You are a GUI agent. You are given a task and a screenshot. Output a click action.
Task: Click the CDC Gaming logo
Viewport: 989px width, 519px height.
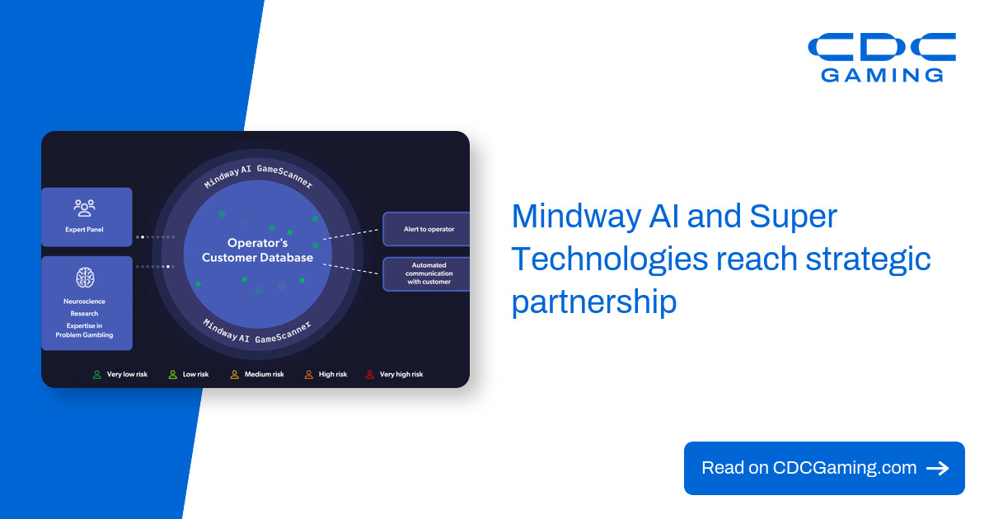click(882, 57)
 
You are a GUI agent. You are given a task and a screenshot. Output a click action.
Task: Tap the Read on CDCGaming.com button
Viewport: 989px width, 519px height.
click(824, 468)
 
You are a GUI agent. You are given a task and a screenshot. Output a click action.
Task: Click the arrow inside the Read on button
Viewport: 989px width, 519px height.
click(937, 468)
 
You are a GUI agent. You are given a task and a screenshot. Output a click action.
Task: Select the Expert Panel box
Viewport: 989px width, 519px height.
click(87, 217)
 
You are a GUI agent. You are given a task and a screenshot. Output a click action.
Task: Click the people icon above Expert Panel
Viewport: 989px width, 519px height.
click(84, 208)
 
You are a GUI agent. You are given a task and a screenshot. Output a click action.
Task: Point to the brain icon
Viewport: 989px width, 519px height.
click(85, 278)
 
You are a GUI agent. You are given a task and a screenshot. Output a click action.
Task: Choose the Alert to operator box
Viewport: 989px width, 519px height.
click(427, 229)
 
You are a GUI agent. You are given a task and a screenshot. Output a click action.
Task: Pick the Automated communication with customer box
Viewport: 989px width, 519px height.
click(427, 274)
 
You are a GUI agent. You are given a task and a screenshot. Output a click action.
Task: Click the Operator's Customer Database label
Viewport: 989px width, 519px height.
click(257, 250)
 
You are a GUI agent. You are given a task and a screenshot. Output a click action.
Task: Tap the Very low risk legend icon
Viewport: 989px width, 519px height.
click(96, 375)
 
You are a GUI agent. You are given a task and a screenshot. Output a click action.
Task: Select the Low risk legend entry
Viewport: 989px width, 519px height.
click(189, 375)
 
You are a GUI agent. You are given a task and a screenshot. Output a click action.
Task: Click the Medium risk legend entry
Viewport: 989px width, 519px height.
click(257, 375)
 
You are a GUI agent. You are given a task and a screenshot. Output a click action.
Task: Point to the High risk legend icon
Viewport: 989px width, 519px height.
click(308, 375)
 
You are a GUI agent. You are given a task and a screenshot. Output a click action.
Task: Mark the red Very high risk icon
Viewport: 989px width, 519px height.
click(369, 375)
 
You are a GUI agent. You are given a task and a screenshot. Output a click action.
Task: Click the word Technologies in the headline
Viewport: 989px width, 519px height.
click(610, 260)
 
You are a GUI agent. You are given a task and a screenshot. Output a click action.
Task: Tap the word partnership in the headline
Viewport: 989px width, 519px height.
click(594, 302)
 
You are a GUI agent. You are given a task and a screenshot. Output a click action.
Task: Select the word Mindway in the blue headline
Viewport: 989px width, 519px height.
click(576, 217)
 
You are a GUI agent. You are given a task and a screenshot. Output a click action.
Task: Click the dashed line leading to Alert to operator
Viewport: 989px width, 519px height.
click(350, 234)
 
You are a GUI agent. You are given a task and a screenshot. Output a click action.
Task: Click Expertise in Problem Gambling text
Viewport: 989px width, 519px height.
click(84, 330)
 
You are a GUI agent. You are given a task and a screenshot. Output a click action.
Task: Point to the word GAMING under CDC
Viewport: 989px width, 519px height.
click(882, 76)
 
